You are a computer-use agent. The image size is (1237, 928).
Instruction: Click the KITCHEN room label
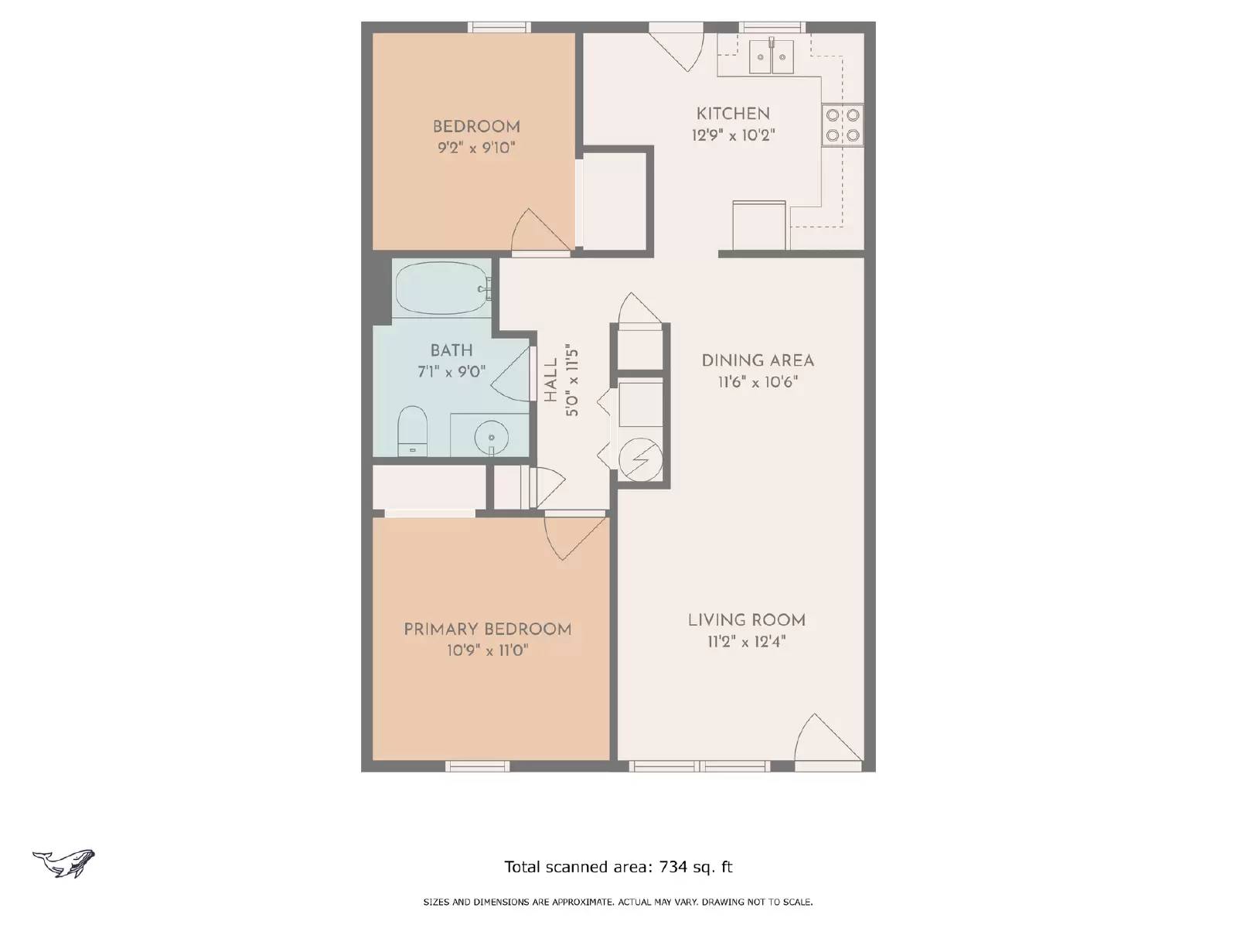(x=733, y=114)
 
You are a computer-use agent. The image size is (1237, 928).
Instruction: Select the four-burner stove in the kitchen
(x=843, y=125)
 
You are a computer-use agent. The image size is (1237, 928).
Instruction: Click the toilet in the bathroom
(x=412, y=430)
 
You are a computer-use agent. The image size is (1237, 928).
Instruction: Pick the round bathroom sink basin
(x=490, y=437)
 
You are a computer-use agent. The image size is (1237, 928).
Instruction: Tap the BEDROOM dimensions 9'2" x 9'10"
(x=476, y=148)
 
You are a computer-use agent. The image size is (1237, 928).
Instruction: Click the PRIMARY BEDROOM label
(x=488, y=629)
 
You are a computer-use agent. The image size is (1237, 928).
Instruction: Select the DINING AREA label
(x=758, y=360)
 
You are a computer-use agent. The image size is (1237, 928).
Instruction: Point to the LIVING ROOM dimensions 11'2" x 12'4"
(x=746, y=641)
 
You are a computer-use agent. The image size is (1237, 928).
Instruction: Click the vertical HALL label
(x=550, y=380)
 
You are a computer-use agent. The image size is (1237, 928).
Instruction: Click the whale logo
(x=64, y=862)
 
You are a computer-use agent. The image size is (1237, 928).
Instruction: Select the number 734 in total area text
(x=673, y=867)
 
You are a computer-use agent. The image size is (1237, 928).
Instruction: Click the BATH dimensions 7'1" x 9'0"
(x=452, y=372)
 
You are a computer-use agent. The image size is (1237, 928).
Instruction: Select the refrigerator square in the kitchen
(x=759, y=226)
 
